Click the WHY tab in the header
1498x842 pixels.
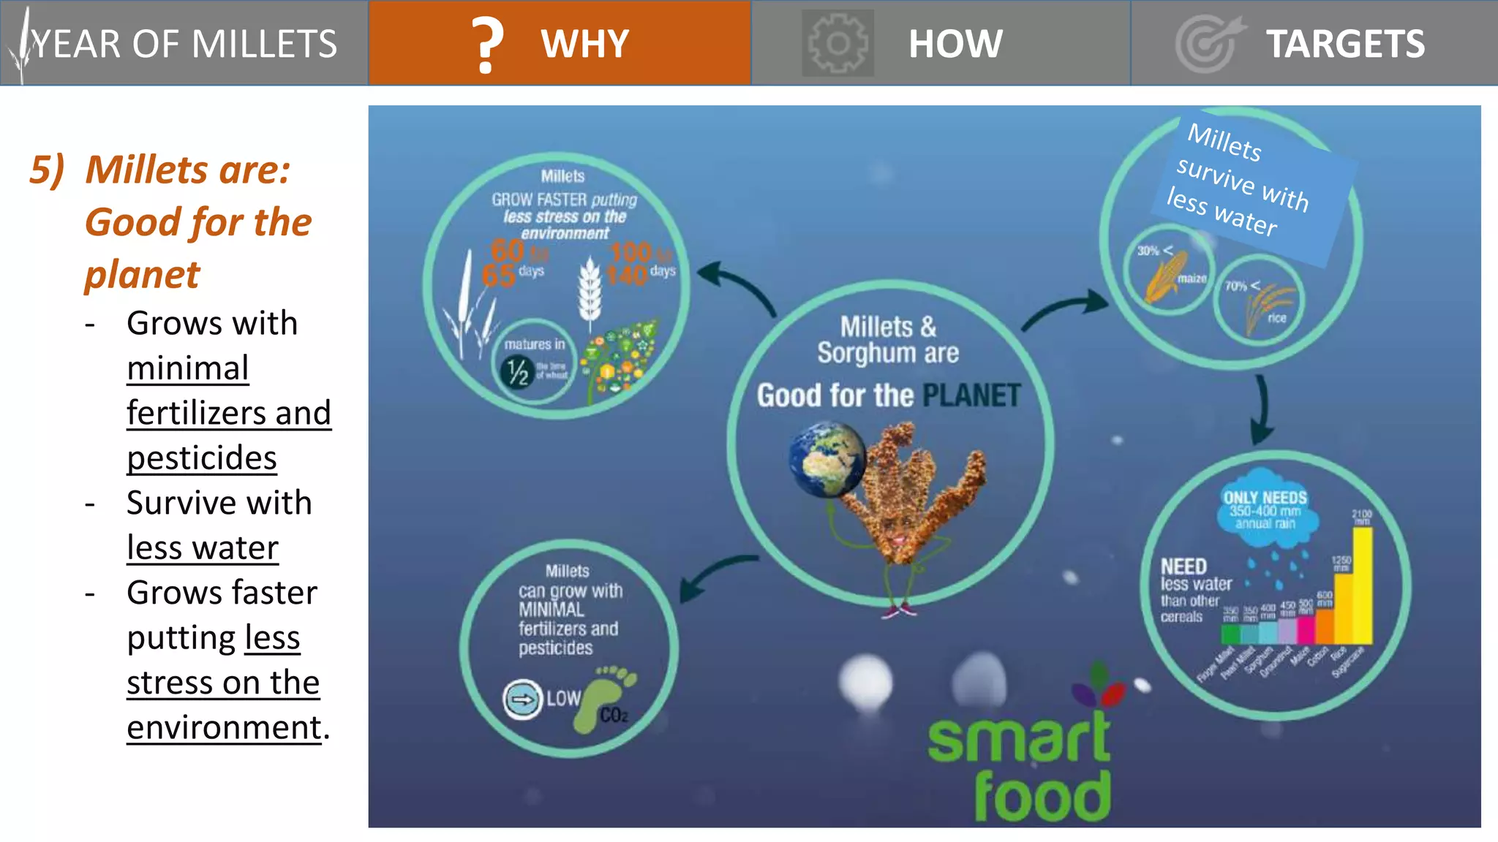(584, 44)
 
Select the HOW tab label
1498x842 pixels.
(955, 44)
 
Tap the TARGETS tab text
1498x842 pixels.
(1345, 44)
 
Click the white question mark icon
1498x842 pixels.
(487, 45)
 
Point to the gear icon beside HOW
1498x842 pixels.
(838, 44)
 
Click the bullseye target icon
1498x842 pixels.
(1207, 44)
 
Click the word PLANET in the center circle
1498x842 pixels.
(971, 395)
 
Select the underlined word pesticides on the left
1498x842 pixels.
(202, 458)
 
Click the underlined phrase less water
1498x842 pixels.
(203, 548)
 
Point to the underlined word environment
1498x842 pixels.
(224, 728)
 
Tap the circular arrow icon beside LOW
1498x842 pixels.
(522, 699)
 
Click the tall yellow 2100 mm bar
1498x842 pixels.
(1363, 585)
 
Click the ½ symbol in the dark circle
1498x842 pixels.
(518, 371)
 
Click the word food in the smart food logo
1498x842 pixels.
(1042, 797)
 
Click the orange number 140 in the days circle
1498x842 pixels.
(627, 276)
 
